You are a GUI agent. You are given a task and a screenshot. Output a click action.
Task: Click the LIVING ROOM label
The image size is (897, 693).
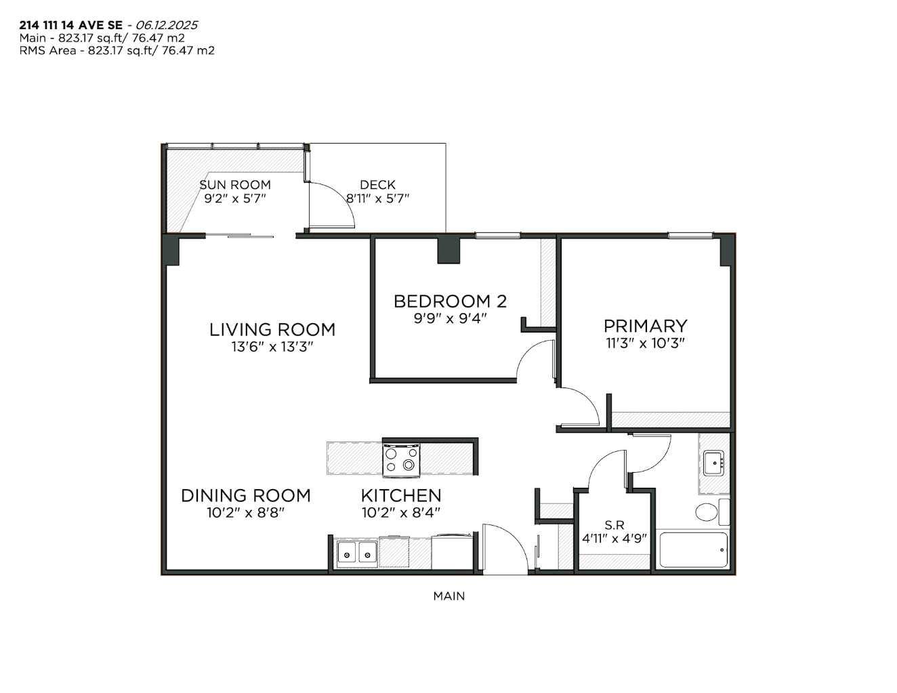pyautogui.click(x=272, y=330)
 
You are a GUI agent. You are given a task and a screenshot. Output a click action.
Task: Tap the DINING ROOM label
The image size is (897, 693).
pyautogui.click(x=245, y=496)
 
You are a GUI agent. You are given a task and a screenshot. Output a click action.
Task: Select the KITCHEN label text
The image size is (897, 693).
pyautogui.click(x=400, y=496)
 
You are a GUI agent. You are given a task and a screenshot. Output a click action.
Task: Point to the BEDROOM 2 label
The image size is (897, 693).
pyautogui.click(x=450, y=301)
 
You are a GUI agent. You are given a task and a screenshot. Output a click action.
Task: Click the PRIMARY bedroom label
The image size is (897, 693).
pyautogui.click(x=645, y=326)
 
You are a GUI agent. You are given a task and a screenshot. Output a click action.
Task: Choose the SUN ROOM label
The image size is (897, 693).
pyautogui.click(x=234, y=184)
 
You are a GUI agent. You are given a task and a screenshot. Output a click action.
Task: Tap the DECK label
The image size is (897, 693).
pyautogui.click(x=377, y=184)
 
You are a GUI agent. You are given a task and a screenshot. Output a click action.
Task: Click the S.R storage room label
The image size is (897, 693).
pyautogui.click(x=614, y=524)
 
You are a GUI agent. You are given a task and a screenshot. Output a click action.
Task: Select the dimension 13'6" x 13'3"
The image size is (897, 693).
pyautogui.click(x=272, y=347)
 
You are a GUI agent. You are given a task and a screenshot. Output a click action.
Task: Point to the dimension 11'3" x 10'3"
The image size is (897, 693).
pyautogui.click(x=645, y=343)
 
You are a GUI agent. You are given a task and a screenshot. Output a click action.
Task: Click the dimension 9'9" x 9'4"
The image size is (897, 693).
pyautogui.click(x=450, y=318)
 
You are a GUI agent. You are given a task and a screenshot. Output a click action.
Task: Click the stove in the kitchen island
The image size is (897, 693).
pyautogui.click(x=401, y=459)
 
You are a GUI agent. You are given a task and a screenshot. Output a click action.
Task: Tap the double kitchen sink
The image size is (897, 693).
pyautogui.click(x=357, y=553)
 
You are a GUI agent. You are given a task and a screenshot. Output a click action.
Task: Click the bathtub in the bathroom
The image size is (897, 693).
pyautogui.click(x=693, y=550)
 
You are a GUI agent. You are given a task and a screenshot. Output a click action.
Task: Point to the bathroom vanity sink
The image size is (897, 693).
pyautogui.click(x=713, y=464)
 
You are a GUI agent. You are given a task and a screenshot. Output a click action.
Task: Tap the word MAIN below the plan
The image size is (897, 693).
pyautogui.click(x=449, y=596)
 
